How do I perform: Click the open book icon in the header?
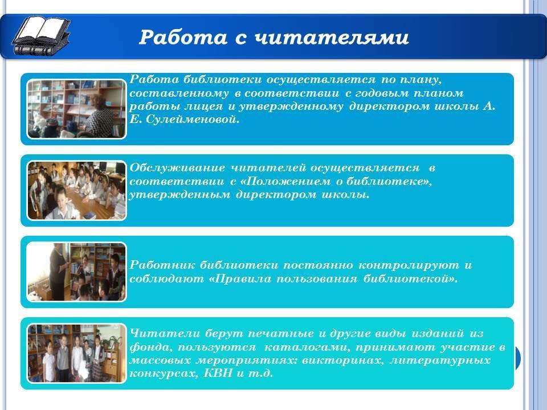point(41,36)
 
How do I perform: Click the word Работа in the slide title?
point(183,37)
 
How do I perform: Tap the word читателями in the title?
point(332,38)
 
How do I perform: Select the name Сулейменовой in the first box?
point(193,120)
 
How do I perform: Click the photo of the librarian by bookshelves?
point(76,109)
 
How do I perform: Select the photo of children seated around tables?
point(76,190)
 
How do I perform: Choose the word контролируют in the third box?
point(409,265)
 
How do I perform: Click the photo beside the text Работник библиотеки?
point(76,272)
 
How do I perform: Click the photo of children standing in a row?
point(76,354)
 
